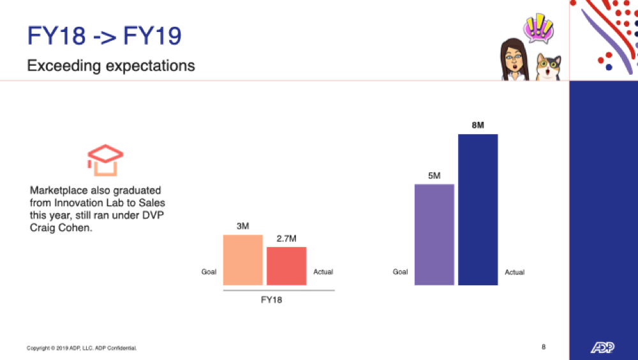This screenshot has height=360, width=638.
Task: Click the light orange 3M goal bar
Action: click(243, 260)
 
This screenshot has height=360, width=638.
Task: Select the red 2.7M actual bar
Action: click(286, 266)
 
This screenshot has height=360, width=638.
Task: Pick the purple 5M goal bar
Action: click(434, 234)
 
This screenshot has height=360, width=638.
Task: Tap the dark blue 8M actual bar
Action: click(478, 210)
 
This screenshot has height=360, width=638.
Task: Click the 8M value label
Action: click(478, 125)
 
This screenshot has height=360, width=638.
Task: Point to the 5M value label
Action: click(434, 176)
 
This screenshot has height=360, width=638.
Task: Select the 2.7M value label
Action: click(286, 239)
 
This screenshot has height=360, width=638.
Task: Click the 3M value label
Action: click(243, 226)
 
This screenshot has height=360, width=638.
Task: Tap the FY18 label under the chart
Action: click(271, 300)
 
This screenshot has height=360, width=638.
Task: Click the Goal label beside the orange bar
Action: click(209, 272)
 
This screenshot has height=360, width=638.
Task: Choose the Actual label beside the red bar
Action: click(323, 272)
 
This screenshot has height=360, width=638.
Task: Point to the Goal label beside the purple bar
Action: click(400, 272)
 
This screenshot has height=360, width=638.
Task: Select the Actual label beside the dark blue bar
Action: click(514, 272)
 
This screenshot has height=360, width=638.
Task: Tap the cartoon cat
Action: click(547, 67)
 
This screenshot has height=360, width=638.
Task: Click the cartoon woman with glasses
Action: click(514, 60)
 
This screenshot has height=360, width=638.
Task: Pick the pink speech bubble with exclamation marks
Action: click(538, 29)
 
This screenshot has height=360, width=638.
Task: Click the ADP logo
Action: click(603, 347)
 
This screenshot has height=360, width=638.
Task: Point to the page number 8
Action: click(544, 347)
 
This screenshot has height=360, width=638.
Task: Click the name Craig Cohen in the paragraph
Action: click(61, 228)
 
